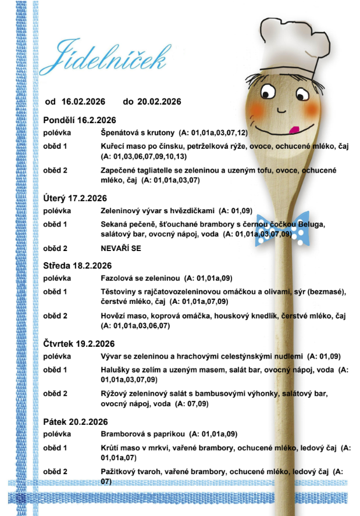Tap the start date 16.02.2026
click(83, 102)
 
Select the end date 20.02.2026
click(159, 102)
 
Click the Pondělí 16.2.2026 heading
click(80, 120)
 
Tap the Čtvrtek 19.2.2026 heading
click(79, 343)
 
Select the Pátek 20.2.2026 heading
click(76, 422)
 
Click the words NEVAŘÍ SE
click(122, 248)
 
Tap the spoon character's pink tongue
click(295, 130)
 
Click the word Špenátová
click(119, 132)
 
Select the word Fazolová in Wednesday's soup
click(116, 278)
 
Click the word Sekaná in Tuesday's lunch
click(114, 224)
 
